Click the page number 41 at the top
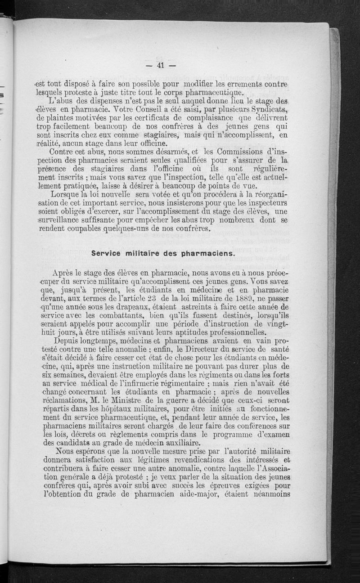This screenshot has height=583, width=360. pyautogui.click(x=160, y=66)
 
